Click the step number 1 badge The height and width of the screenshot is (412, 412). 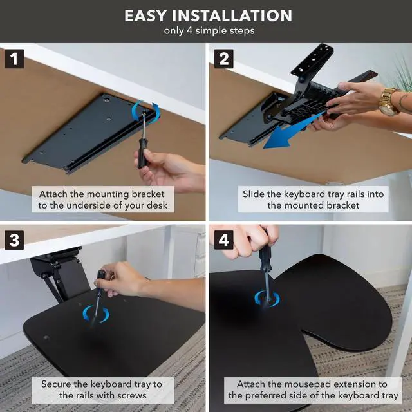pos(14,59)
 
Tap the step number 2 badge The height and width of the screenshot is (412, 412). pos(223,59)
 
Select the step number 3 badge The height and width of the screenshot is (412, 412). pos(14,240)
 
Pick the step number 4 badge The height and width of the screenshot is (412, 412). pos(223,240)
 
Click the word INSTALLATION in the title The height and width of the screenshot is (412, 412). pos(232,15)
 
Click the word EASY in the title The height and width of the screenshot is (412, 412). pos(145,15)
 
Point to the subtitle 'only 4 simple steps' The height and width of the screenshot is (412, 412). pos(209,31)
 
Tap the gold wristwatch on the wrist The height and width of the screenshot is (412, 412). pos(389,102)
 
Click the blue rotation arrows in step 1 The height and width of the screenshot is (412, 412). pos(146,113)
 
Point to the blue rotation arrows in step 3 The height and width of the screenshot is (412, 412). pos(96,314)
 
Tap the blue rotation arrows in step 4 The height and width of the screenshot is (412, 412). pos(267,299)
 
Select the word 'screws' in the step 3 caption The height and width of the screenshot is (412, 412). pos(132,395)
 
